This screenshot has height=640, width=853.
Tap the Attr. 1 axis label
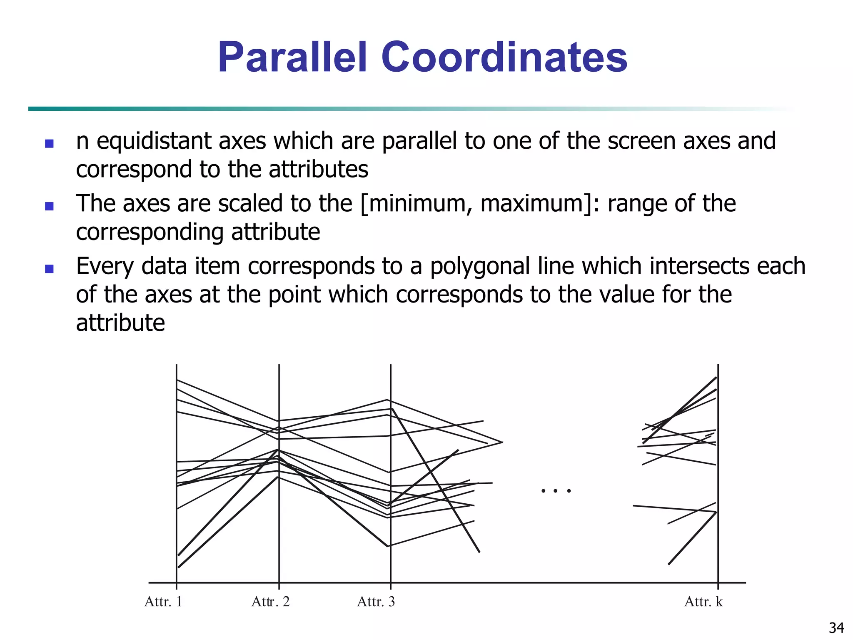(163, 602)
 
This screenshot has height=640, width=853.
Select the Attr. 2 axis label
(270, 602)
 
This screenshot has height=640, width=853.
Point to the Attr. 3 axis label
(376, 602)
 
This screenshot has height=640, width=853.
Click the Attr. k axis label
(703, 602)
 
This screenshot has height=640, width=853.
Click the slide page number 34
(836, 627)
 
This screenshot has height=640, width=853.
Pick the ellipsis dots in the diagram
(556, 491)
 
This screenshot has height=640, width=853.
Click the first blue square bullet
(49, 144)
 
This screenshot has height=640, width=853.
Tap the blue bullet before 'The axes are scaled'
(49, 206)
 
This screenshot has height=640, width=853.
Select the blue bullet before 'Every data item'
(49, 269)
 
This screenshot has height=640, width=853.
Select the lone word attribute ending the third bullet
(120, 323)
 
